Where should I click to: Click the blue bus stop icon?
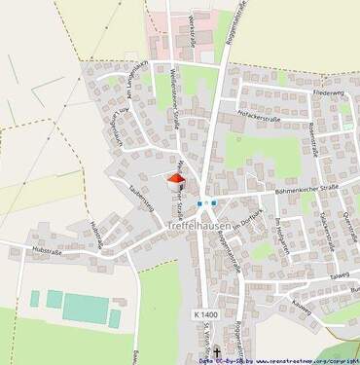pyautogui.click(x=201, y=203)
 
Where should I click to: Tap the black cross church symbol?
pyautogui.click(x=217, y=353)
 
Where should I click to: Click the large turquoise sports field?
pyautogui.click(x=85, y=310)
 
